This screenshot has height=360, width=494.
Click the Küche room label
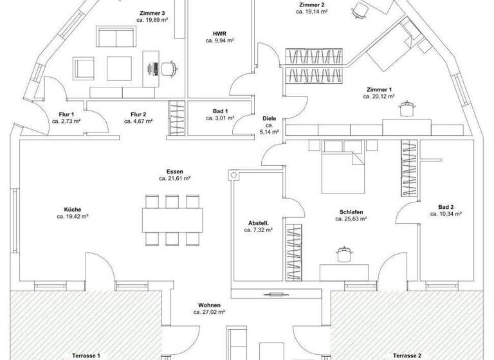click(72, 210)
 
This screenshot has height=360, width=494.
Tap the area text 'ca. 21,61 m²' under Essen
click(174, 179)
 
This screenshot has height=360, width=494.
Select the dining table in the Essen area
click(172, 219)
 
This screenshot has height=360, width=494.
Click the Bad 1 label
click(219, 111)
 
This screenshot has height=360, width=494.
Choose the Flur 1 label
click(67, 114)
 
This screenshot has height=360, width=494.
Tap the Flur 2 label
click(138, 114)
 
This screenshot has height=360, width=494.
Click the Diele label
click(269, 119)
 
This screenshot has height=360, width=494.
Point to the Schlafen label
click(351, 212)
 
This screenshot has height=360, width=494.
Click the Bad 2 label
click(446, 206)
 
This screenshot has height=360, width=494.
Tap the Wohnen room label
click(208, 305)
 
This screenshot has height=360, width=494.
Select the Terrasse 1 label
click(86, 355)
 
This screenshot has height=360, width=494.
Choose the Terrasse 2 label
click(407, 355)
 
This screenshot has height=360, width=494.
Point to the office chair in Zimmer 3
click(169, 66)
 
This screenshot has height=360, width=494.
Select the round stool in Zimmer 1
click(407, 111)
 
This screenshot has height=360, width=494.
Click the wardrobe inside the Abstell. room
click(293, 251)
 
